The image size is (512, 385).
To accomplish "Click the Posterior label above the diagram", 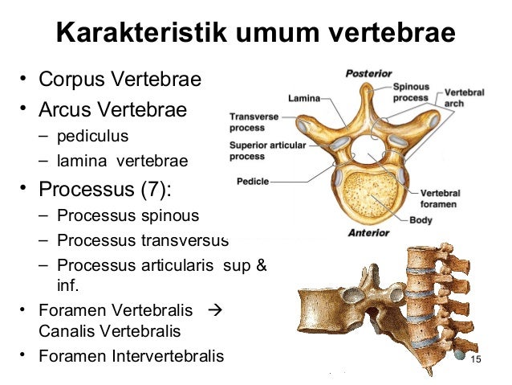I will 368,73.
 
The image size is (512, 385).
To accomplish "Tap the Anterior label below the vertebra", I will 368,234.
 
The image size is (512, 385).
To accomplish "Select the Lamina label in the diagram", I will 303,99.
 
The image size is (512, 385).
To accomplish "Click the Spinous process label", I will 410,92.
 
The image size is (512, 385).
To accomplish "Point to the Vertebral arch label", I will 464,98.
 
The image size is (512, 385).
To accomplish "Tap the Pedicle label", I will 253,181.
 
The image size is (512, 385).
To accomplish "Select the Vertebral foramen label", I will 441,199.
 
